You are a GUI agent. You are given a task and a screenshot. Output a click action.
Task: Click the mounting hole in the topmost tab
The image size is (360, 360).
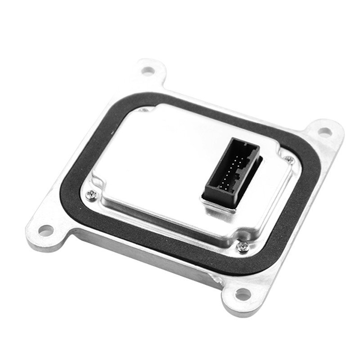pos(148,71)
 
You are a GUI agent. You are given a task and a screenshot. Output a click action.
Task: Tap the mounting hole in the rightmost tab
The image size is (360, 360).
pos(324,131)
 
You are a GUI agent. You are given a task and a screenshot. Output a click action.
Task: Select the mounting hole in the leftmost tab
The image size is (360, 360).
pos(45,230)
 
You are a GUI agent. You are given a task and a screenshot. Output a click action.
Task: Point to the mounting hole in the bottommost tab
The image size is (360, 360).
pos(243,295)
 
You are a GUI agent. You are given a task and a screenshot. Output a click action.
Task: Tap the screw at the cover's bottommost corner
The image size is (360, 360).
pos(243,246)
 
